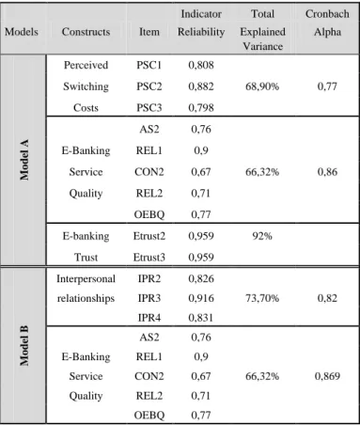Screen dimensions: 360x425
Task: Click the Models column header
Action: click(22, 32)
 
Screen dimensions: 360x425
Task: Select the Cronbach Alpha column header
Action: click(327, 23)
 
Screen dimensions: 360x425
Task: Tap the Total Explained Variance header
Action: click(262, 30)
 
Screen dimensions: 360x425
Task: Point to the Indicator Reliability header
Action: click(201, 23)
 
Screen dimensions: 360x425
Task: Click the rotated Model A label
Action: click(24, 160)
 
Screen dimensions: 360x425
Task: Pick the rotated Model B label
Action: click(24, 345)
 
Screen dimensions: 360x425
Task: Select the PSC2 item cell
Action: click(149, 87)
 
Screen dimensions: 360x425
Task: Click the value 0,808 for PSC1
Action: click(201, 65)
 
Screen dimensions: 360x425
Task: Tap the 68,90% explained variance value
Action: click(262, 87)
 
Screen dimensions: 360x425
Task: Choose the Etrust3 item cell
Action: click(149, 257)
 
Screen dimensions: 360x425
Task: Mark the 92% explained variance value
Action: click(262, 236)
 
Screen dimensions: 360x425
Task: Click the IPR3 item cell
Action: click(149, 298)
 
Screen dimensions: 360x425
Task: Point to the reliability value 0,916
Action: click(201, 298)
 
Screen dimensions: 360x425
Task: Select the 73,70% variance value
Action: click(262, 298)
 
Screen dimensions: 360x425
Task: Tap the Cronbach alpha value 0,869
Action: click(327, 376)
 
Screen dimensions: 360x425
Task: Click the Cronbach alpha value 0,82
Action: click(327, 298)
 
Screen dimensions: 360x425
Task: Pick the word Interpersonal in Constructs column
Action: click(86, 278)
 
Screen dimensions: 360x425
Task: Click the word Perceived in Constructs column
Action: click(86, 65)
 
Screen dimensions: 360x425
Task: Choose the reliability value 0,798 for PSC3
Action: click(201, 107)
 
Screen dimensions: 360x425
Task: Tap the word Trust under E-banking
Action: click(86, 257)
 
